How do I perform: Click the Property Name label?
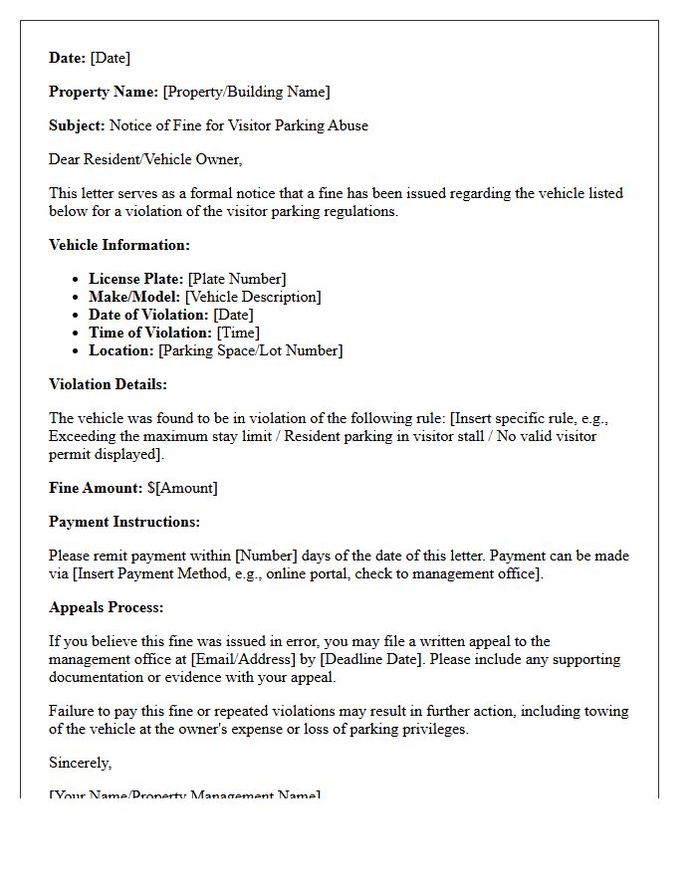104,92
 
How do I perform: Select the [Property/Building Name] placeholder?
246,92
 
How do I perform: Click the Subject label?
77,125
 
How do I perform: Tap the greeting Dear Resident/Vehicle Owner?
145,159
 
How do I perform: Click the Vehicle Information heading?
118,245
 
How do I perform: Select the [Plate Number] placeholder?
237,279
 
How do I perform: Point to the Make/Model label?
135,297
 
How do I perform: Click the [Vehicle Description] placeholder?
254,297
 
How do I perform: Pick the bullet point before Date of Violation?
77,316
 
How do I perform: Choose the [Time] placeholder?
239,333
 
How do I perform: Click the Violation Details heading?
108,384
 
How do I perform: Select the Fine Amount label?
96,488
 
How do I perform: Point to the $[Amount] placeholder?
182,488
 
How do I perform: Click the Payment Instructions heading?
124,522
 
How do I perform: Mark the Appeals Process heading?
107,607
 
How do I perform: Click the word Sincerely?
80,763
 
